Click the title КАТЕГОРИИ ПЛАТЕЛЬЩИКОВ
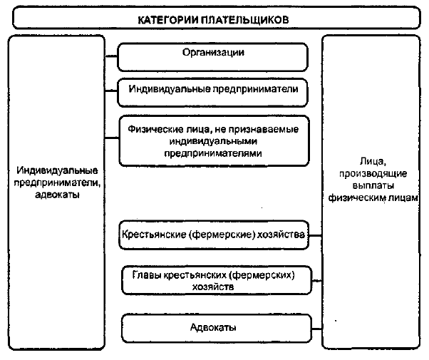pyautogui.click(x=213, y=20)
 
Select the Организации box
pyautogui.click(x=212, y=57)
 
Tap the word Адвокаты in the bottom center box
pyautogui.click(x=213, y=327)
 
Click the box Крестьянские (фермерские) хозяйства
pyautogui.click(x=214, y=235)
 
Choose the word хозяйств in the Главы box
pyautogui.click(x=213, y=287)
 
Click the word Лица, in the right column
pyautogui.click(x=373, y=161)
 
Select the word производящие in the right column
pyautogui.click(x=373, y=174)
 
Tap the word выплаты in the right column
pyautogui.click(x=373, y=185)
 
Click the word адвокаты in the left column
pyautogui.click(x=57, y=195)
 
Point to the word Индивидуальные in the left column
pyautogui.click(x=57, y=170)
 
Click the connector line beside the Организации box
pyautogui.click(x=111, y=56)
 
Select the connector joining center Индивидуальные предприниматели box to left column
pyautogui.click(x=111, y=91)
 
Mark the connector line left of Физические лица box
pyautogui.click(x=112, y=138)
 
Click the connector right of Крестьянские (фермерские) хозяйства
pyautogui.click(x=316, y=235)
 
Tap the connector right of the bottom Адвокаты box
pyautogui.click(x=317, y=329)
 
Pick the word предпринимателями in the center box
pyautogui.click(x=213, y=153)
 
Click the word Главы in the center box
pyautogui.click(x=146, y=274)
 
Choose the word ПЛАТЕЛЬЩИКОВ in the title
pyautogui.click(x=245, y=20)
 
